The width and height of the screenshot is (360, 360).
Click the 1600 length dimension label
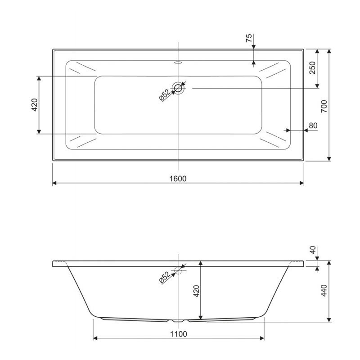coord(178,178)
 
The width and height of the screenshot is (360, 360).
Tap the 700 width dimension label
coord(324,106)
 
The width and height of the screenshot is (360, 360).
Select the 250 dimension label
coord(312,68)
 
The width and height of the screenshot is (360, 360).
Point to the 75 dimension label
coord(249,38)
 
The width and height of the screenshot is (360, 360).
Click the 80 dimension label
coord(313,126)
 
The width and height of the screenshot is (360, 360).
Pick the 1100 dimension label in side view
coord(178,334)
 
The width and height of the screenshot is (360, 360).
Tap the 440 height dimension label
coord(324,290)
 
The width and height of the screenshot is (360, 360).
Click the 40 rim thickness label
coord(313,250)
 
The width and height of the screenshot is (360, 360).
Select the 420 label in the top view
coord(35,105)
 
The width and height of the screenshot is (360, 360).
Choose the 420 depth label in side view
coord(197,291)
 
